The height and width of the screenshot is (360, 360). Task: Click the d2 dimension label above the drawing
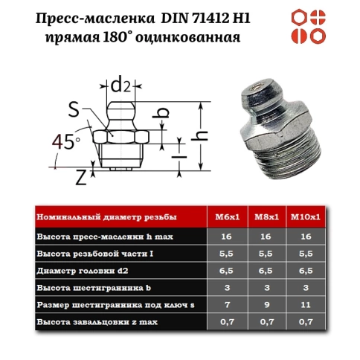[x=123, y=86]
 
